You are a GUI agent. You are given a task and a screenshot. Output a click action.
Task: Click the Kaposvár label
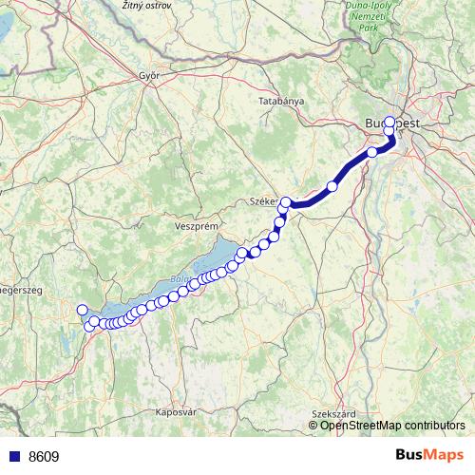175,412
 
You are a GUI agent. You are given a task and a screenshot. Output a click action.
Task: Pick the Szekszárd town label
332,413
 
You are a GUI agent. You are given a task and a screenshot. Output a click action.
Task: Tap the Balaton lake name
180,279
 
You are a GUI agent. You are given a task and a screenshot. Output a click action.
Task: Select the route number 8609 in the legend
44,456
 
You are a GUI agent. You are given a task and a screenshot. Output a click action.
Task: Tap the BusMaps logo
429,456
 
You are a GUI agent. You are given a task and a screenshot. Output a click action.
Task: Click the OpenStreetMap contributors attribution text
386,425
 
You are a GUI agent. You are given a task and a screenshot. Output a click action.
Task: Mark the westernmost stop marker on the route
82,310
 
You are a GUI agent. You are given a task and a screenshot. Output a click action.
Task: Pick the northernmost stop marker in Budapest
389,122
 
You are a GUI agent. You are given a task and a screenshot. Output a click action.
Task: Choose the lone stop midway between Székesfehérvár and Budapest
332,186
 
